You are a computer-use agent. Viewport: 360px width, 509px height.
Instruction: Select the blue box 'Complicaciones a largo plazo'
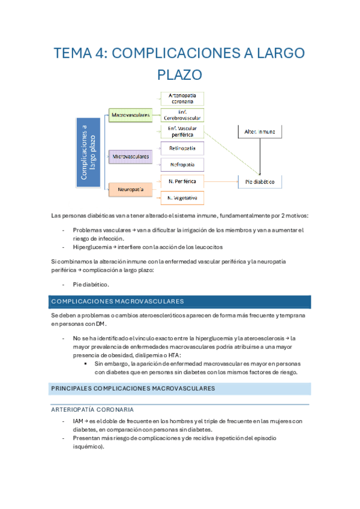88,152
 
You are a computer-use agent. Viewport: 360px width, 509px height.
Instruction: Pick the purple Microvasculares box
130,156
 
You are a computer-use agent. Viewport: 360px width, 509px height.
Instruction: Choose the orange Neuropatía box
130,189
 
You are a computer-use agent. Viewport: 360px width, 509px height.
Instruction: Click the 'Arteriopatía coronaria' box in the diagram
182,98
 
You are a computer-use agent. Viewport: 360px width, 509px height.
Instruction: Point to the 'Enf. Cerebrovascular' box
182,115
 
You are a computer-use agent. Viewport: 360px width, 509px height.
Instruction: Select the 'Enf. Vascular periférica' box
182,131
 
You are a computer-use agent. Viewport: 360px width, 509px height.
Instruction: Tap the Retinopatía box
182,148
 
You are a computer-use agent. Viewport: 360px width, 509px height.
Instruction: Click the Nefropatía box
182,164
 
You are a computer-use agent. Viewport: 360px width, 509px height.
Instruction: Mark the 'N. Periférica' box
182,181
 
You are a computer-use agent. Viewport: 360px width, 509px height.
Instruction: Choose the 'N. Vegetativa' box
182,197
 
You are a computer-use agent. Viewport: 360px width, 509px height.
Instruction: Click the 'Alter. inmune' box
259,131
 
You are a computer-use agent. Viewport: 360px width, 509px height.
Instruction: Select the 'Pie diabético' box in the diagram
259,181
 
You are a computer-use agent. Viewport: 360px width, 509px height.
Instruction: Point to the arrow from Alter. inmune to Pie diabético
259,157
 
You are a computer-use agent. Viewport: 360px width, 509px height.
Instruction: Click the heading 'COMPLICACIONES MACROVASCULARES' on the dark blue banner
118,301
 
